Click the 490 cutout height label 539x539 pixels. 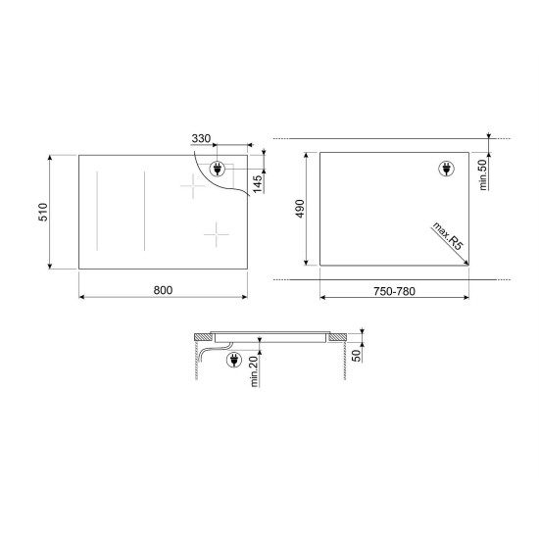[301, 209]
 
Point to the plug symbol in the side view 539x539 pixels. [234, 362]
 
